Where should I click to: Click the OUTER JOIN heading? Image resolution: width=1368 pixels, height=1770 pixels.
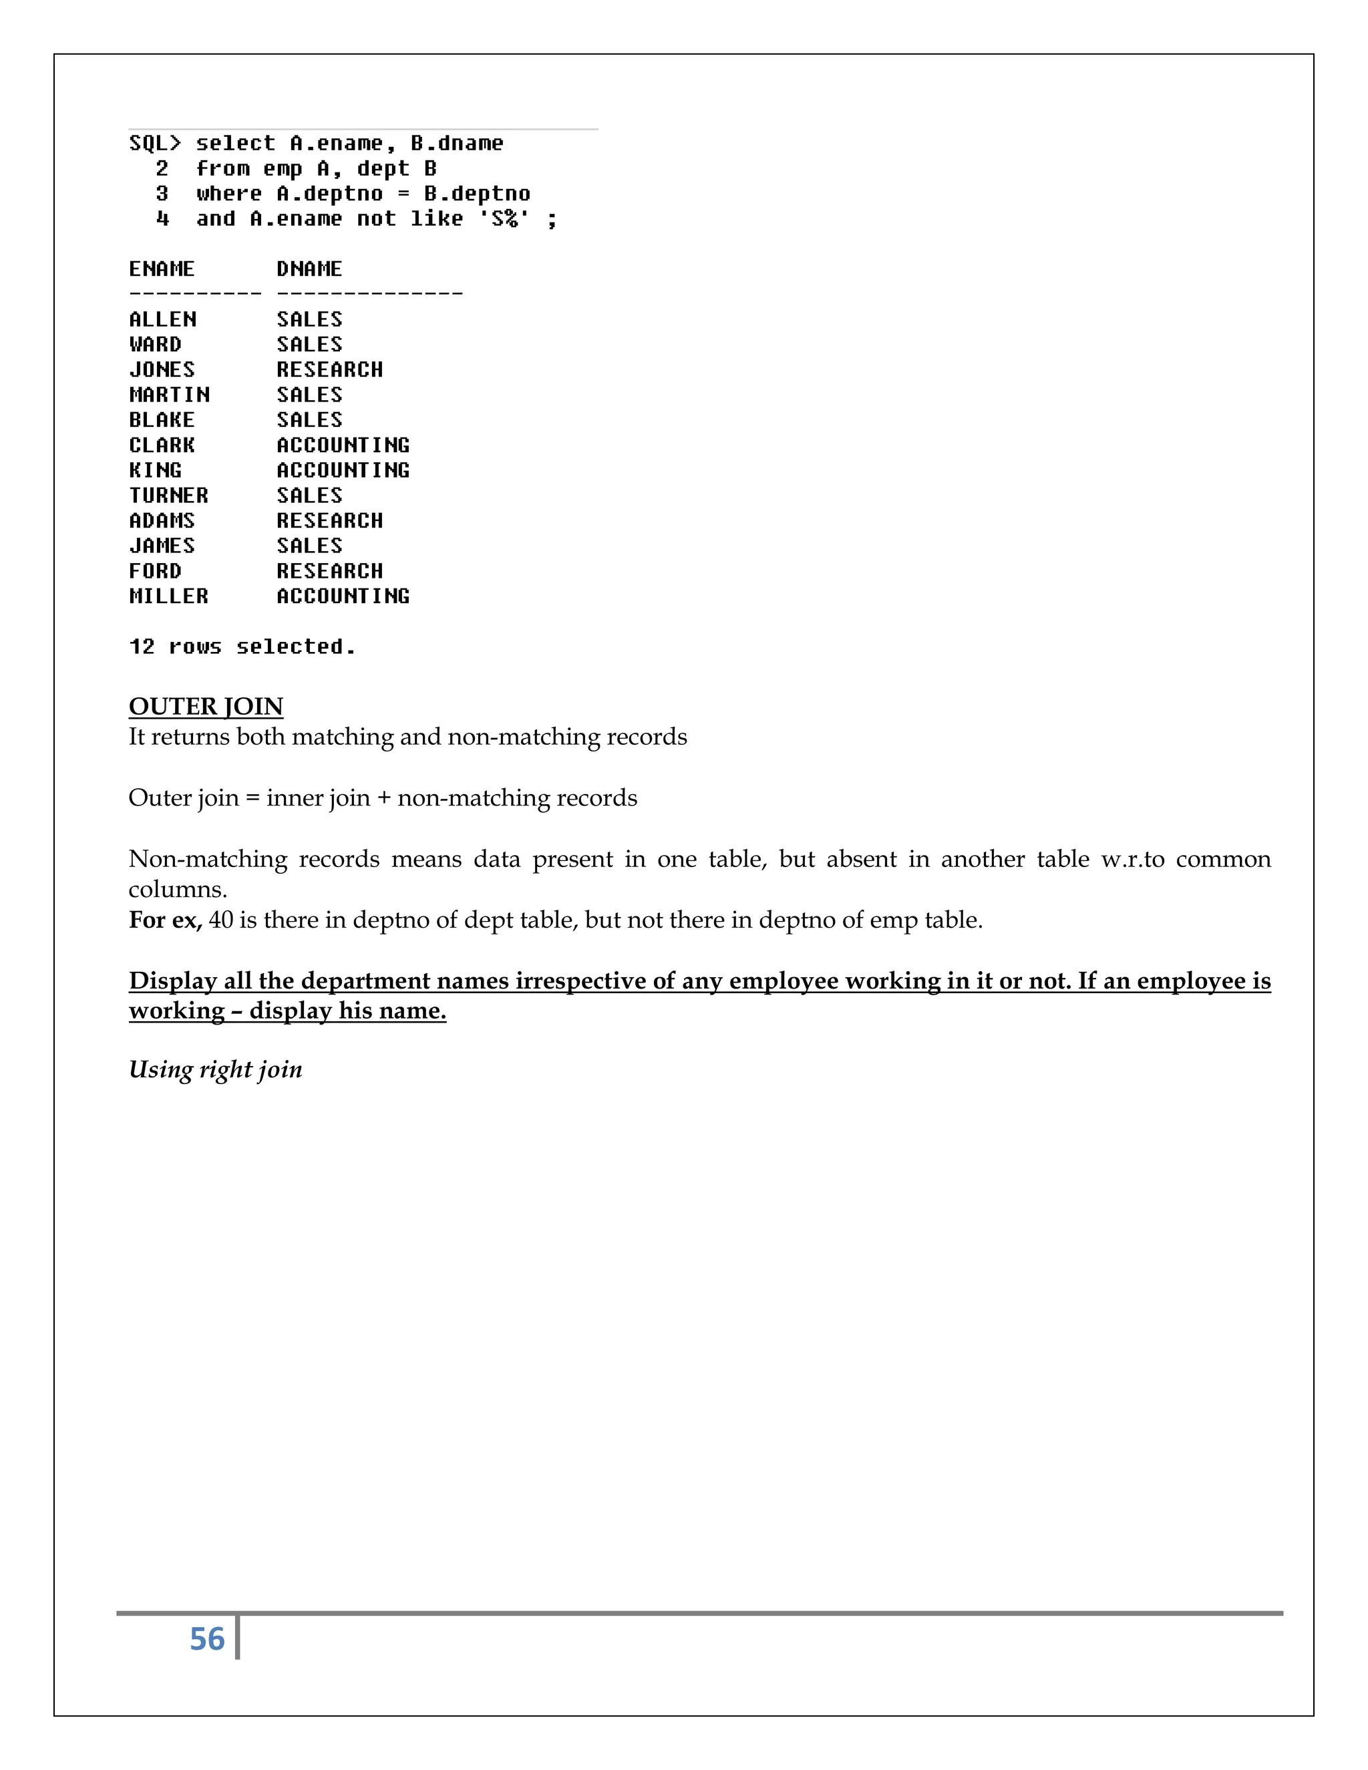click(x=206, y=707)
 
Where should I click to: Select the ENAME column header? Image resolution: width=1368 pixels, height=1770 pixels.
click(x=162, y=269)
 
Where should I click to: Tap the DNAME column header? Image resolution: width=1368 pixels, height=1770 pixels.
click(x=309, y=269)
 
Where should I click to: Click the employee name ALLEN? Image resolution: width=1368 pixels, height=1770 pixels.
click(x=162, y=319)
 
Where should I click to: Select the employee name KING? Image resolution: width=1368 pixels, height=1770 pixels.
click(x=156, y=470)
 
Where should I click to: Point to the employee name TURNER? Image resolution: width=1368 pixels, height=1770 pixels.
click(x=168, y=495)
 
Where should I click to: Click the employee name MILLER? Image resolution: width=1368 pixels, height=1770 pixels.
click(x=168, y=596)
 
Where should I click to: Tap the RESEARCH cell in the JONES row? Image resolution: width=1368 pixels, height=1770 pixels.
click(x=330, y=369)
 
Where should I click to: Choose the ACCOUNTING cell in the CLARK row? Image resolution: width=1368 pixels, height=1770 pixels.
click(x=343, y=445)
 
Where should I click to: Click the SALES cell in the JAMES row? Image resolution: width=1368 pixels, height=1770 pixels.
click(x=309, y=546)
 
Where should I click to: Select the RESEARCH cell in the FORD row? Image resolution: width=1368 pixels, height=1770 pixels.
click(x=330, y=570)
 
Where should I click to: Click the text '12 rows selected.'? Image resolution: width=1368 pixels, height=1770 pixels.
click(x=242, y=647)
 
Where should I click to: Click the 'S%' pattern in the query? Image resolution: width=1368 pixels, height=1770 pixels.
click(x=504, y=219)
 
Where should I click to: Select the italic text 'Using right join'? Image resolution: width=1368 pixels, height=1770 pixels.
click(x=216, y=1070)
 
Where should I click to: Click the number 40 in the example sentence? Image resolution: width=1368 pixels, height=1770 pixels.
click(x=220, y=920)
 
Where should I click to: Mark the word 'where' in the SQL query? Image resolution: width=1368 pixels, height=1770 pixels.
click(x=228, y=194)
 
